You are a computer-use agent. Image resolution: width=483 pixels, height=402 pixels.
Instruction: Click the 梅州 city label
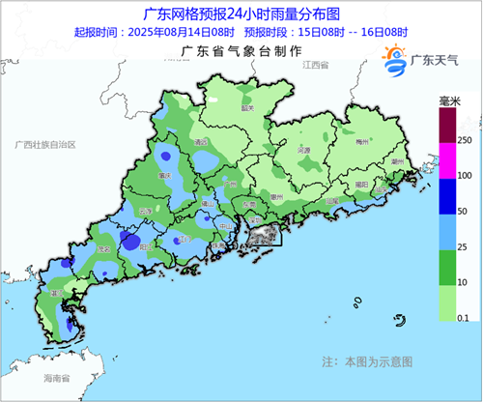click(363, 141)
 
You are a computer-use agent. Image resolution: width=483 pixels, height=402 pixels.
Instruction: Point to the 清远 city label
click(202, 141)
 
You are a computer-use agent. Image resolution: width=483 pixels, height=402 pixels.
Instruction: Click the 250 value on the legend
click(465, 141)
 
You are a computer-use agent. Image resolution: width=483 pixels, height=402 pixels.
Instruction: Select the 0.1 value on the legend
click(465, 317)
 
